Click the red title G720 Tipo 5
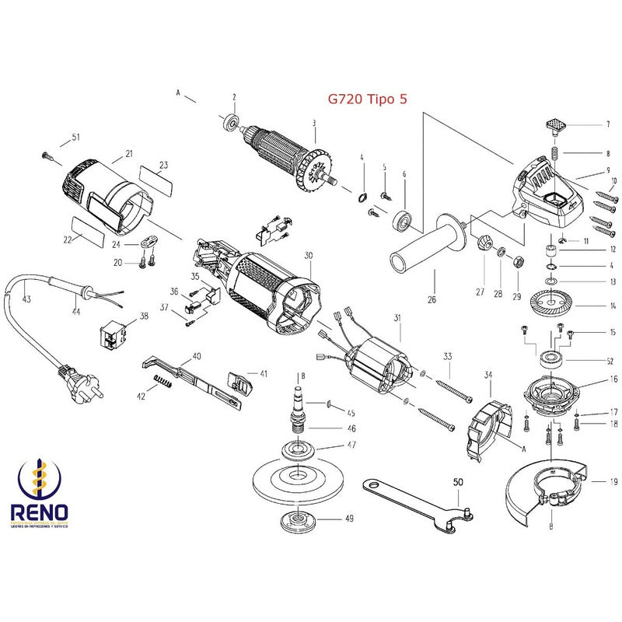(366, 100)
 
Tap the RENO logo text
(40, 513)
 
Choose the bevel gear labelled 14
(555, 302)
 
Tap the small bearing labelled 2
(230, 123)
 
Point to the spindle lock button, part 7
(555, 124)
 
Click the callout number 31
(397, 317)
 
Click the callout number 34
(488, 375)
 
